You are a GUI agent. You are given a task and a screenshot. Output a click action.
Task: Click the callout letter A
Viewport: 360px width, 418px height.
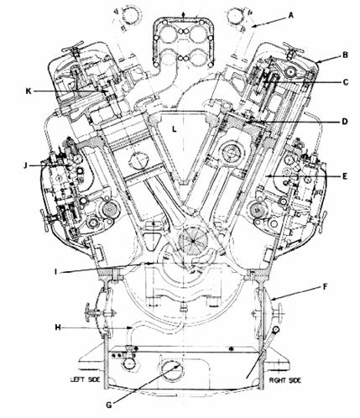click(291, 16)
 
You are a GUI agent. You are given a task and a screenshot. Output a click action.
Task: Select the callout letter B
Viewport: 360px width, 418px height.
click(345, 55)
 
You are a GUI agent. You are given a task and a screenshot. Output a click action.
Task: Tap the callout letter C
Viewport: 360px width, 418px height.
click(346, 82)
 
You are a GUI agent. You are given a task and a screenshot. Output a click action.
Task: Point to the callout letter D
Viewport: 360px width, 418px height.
click(345, 122)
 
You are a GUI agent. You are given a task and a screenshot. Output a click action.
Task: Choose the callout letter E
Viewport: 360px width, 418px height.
click(345, 176)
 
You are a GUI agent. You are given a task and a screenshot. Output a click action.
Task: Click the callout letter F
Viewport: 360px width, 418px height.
click(326, 287)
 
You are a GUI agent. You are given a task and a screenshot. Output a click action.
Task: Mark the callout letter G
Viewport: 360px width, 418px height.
click(109, 405)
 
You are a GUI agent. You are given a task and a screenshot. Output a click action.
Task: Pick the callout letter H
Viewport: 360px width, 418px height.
click(58, 327)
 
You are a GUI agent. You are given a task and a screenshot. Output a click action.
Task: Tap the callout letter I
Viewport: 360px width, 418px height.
click(55, 272)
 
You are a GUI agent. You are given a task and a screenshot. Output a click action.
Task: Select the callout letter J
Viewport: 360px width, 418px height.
click(25, 165)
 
